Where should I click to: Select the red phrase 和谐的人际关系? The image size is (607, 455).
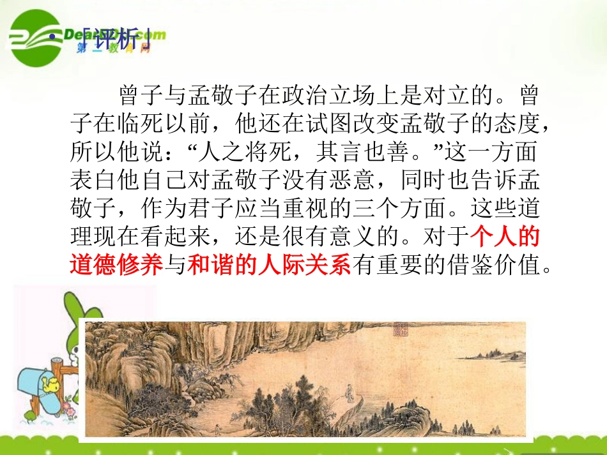[x=269, y=264]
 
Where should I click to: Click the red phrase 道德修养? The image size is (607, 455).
[x=117, y=264]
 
